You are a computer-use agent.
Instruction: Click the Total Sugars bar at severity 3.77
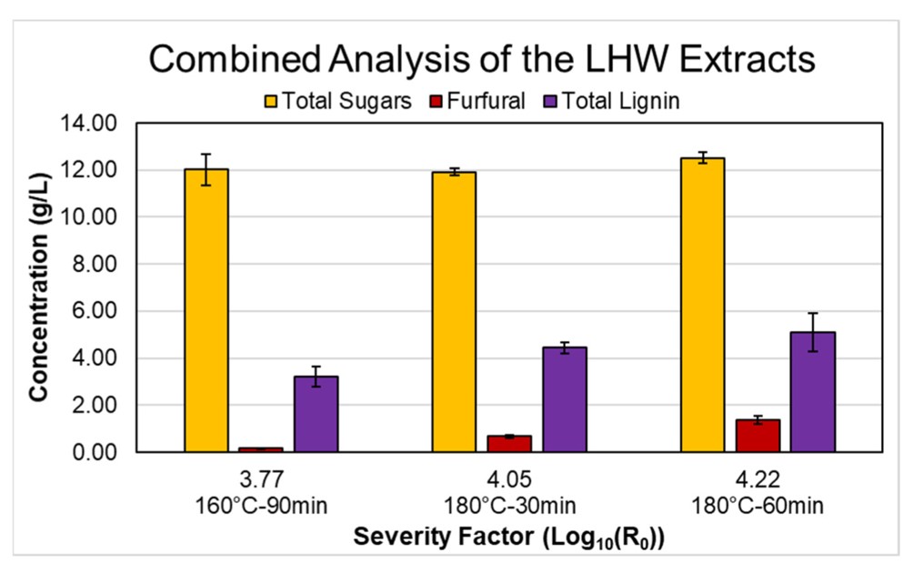click(x=206, y=310)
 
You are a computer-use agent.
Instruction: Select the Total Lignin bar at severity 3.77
click(x=316, y=414)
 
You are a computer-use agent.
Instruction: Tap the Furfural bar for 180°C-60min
click(x=757, y=436)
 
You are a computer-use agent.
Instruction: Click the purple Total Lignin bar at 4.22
click(x=812, y=392)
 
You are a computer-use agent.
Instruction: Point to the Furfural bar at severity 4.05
click(x=509, y=444)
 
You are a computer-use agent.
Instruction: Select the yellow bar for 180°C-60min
click(x=702, y=305)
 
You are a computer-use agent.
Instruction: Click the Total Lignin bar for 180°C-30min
click(x=564, y=399)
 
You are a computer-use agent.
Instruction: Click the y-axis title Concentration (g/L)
click(x=38, y=287)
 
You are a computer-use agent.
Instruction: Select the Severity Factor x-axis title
click(x=509, y=538)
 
